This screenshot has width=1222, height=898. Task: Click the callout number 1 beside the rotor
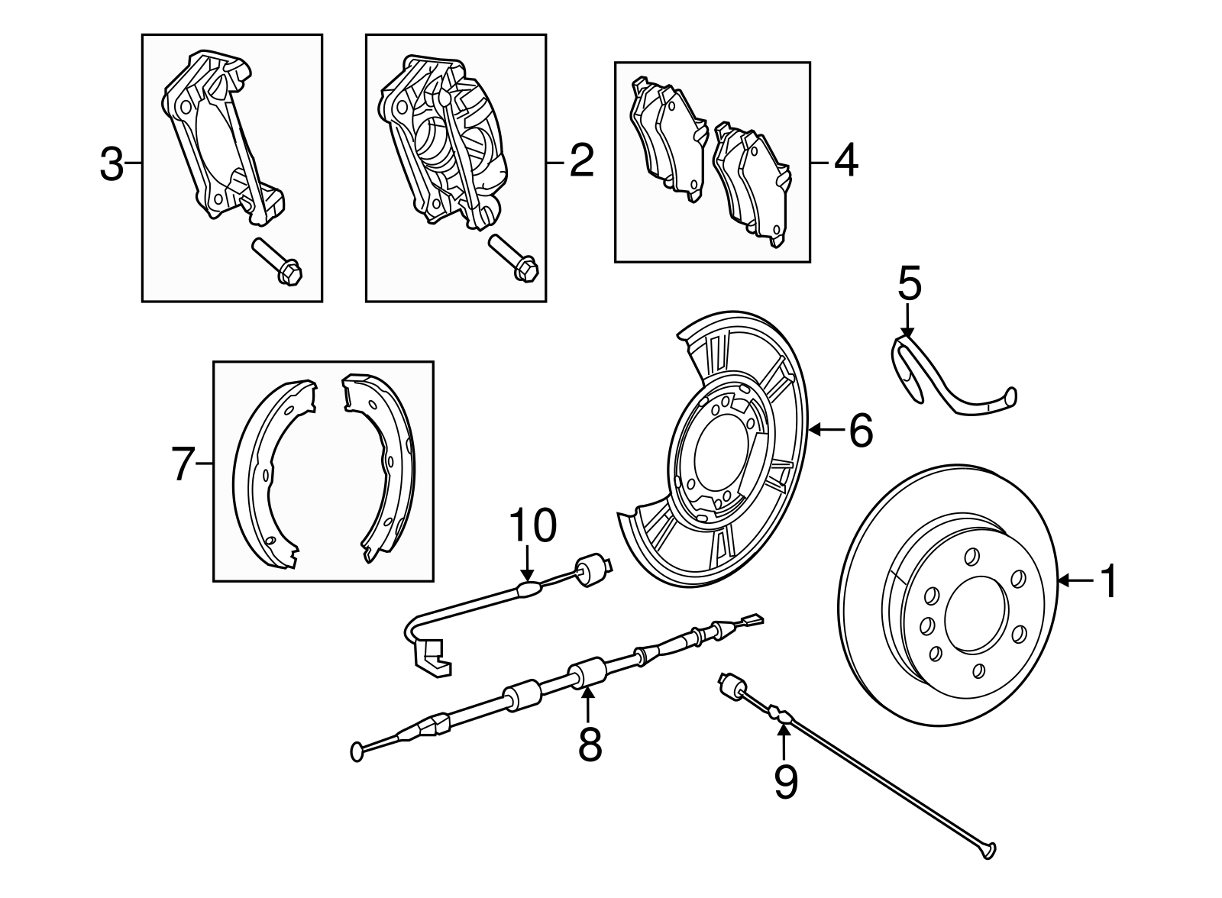click(1108, 582)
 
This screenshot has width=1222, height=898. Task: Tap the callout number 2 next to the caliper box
click(581, 163)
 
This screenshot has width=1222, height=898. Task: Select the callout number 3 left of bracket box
click(112, 164)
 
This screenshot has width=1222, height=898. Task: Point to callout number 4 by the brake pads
click(845, 163)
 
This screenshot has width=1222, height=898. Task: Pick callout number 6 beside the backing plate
click(860, 431)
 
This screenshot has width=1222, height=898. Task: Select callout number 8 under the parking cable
click(590, 744)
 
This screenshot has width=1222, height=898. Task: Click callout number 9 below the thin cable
click(785, 782)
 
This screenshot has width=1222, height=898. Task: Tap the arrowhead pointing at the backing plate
click(814, 431)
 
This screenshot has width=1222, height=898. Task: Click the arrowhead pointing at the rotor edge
click(1063, 582)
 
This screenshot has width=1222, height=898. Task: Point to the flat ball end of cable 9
click(991, 848)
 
